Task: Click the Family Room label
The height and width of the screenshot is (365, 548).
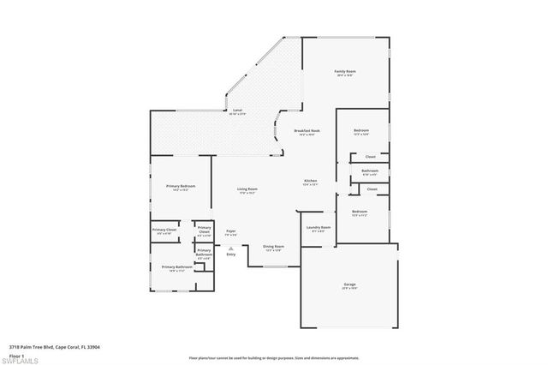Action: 344,71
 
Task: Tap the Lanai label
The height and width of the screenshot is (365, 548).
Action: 237,111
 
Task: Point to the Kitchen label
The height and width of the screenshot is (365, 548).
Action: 311,181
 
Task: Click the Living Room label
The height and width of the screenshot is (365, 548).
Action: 247,189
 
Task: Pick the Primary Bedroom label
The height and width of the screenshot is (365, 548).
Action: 182,186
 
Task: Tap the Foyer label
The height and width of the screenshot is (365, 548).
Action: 231,230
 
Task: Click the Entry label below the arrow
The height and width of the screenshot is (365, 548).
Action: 231,254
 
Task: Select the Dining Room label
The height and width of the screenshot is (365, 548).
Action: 274,248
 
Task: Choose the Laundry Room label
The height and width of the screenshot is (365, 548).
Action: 318,227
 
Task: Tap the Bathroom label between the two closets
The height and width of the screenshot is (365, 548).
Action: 370,171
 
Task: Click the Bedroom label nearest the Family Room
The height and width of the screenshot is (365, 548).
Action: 361,132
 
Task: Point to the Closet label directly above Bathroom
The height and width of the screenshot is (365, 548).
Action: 371,157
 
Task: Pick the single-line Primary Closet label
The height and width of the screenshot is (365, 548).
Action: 165,230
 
